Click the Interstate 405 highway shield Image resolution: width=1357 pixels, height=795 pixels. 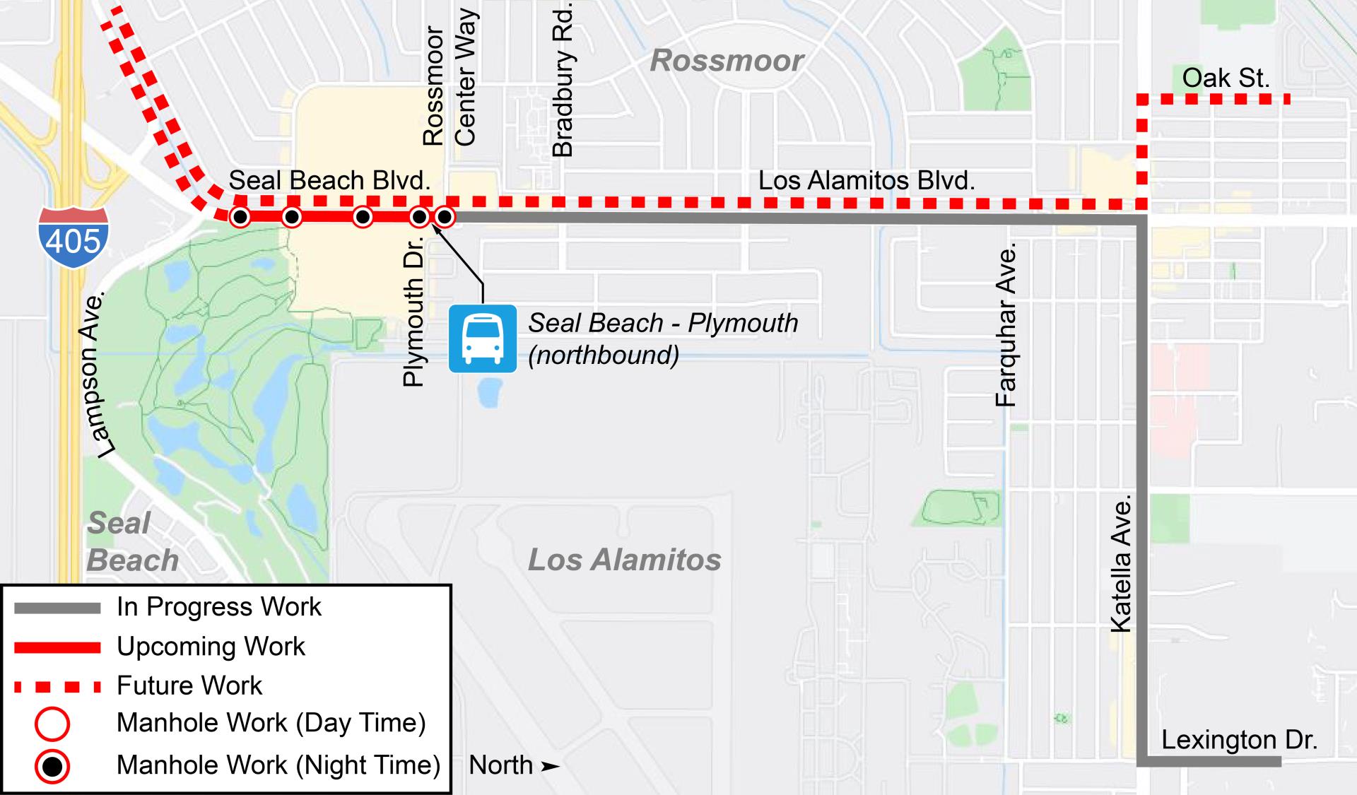click(74, 237)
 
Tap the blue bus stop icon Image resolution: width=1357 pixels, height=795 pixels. click(483, 338)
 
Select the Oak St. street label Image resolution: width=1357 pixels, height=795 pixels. click(1226, 78)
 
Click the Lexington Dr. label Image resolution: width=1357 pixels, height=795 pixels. click(1239, 739)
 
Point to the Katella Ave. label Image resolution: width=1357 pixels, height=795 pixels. click(1121, 564)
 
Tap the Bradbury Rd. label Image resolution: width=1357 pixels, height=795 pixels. click(563, 79)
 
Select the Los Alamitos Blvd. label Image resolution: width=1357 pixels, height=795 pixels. click(867, 180)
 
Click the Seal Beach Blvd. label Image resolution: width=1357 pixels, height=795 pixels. click(329, 180)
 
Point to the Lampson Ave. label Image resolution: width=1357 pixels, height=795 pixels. click(98, 373)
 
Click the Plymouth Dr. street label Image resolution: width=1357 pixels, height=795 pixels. click(413, 311)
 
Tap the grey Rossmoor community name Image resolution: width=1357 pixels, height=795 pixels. click(727, 61)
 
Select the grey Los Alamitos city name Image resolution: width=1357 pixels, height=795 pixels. click(625, 560)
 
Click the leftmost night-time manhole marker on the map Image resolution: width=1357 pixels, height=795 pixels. click(240, 216)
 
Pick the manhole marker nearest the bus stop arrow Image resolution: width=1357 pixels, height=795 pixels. click(445, 216)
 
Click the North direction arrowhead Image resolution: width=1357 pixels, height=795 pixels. click(550, 766)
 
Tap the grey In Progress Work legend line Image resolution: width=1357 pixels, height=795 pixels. click(58, 608)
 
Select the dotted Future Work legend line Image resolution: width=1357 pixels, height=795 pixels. click(58, 686)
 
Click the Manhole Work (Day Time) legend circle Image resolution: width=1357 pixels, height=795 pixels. click(52, 724)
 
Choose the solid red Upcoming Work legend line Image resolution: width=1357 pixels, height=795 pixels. click(58, 647)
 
